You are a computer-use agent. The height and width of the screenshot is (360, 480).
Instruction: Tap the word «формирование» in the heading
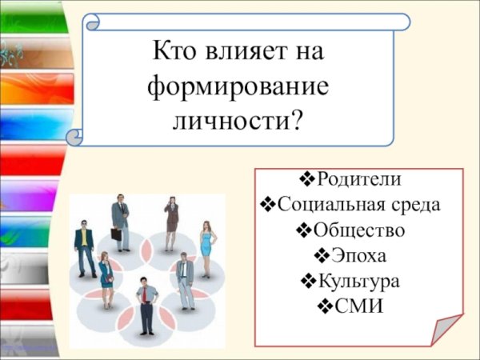(x=238, y=88)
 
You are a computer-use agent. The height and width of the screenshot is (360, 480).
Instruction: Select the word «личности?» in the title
(x=238, y=122)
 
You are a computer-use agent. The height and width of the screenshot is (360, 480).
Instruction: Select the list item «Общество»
(x=359, y=230)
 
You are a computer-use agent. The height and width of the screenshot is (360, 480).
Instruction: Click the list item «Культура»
(x=359, y=282)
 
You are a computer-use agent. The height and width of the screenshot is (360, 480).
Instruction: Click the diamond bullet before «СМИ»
(x=325, y=306)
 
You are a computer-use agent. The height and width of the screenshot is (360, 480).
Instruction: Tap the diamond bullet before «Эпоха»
(x=322, y=256)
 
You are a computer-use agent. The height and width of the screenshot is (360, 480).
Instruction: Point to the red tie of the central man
(x=145, y=297)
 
